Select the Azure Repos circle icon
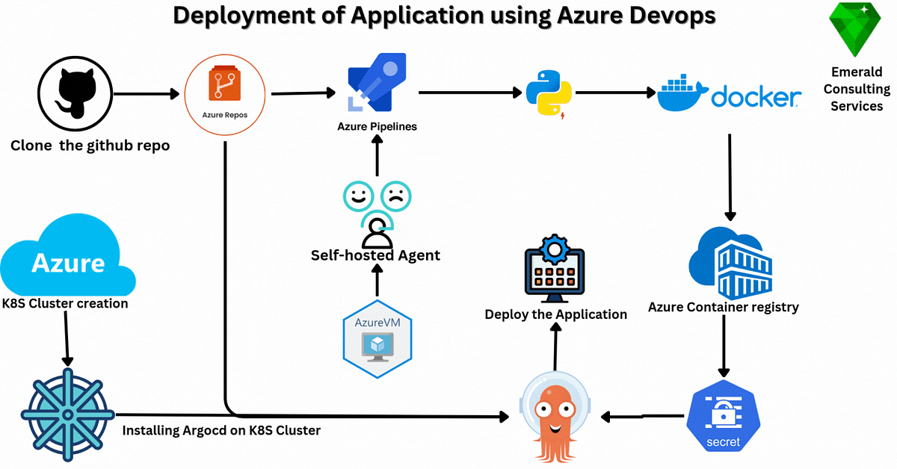point(225,93)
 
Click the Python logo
point(548,93)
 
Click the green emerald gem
point(856,30)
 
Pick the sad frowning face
point(397,197)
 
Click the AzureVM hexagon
point(377,338)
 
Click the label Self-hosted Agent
point(375,255)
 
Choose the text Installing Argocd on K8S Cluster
point(221,430)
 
